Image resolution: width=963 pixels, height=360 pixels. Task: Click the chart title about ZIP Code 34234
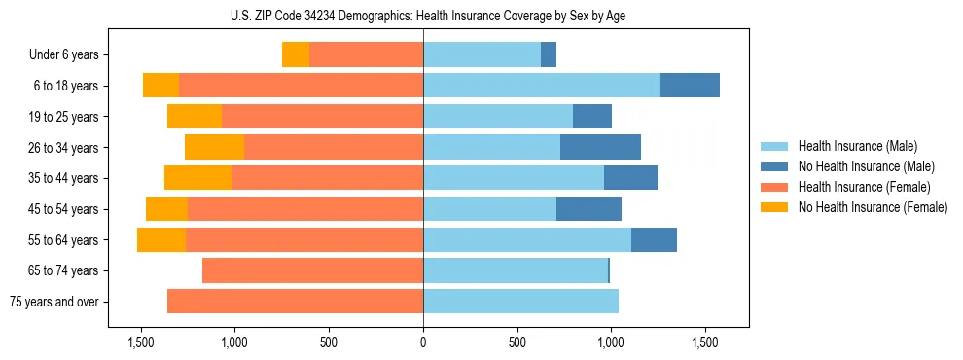coord(423,15)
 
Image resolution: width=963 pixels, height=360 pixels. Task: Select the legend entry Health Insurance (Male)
coord(851,146)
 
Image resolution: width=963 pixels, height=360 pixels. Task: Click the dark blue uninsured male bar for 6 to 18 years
coord(690,86)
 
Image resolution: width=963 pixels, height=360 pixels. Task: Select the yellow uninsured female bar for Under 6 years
coord(296,55)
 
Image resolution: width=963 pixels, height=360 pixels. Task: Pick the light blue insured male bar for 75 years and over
coord(520,302)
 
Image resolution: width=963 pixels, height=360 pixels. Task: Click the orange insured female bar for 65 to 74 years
coord(312,270)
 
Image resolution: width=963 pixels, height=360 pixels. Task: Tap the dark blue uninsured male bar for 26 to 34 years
coord(600,147)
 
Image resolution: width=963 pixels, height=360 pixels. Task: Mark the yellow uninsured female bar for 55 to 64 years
coord(161,239)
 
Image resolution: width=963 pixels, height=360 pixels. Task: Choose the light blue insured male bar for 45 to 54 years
coord(489,209)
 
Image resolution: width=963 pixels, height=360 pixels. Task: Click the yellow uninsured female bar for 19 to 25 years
coord(195,117)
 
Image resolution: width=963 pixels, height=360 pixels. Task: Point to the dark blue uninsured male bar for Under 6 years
coord(549,55)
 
